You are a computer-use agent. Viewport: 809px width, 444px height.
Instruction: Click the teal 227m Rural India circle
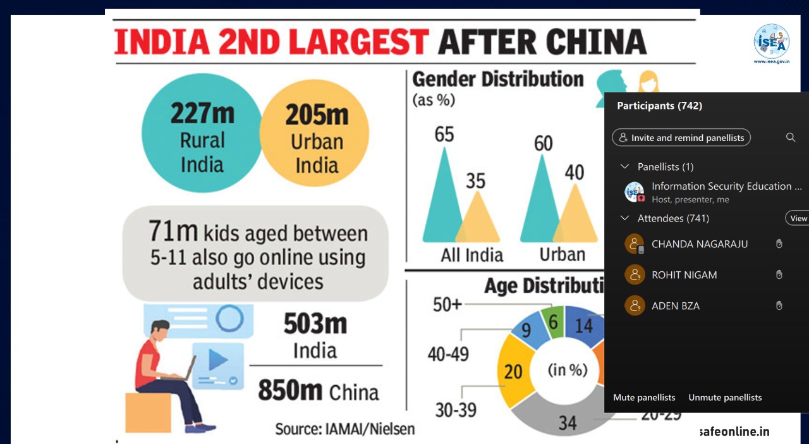click(x=202, y=133)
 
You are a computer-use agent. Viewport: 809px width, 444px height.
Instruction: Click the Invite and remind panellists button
click(x=681, y=137)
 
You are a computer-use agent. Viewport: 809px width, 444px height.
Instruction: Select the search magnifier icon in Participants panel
click(x=791, y=137)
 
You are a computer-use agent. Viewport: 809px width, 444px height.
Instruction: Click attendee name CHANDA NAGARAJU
click(x=699, y=244)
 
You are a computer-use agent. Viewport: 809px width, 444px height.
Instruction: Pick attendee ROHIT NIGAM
click(x=684, y=275)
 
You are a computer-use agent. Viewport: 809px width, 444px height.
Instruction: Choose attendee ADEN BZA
click(x=675, y=306)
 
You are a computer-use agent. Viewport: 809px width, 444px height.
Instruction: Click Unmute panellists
click(x=725, y=397)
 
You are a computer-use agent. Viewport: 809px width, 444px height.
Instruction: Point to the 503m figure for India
click(x=315, y=324)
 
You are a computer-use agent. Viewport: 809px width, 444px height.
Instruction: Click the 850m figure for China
click(x=290, y=391)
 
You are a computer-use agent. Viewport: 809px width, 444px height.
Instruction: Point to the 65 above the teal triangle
click(x=444, y=134)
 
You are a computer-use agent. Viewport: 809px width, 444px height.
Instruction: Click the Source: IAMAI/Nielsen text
click(x=345, y=429)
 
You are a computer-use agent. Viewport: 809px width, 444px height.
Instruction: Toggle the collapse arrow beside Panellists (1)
click(x=625, y=166)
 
